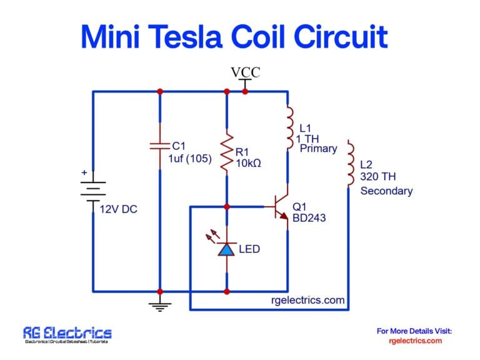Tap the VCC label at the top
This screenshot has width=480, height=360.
coord(245,72)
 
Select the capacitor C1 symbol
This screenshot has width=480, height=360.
coord(160,146)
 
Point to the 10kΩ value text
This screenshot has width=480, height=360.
coord(248,163)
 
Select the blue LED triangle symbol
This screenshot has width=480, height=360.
coord(227,249)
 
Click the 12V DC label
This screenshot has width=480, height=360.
coord(118,209)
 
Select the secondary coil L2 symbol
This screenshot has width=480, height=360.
coord(350,164)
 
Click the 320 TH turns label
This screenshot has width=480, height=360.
coord(378,177)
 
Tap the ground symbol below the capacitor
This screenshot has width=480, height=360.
coord(160,305)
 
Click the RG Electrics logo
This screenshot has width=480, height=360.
coord(67,334)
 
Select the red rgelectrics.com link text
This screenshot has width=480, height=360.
coord(415,341)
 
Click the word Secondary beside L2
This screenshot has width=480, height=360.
coord(386,191)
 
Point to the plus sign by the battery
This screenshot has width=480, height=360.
coord(83,172)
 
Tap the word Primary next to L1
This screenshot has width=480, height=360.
coord(318,149)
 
